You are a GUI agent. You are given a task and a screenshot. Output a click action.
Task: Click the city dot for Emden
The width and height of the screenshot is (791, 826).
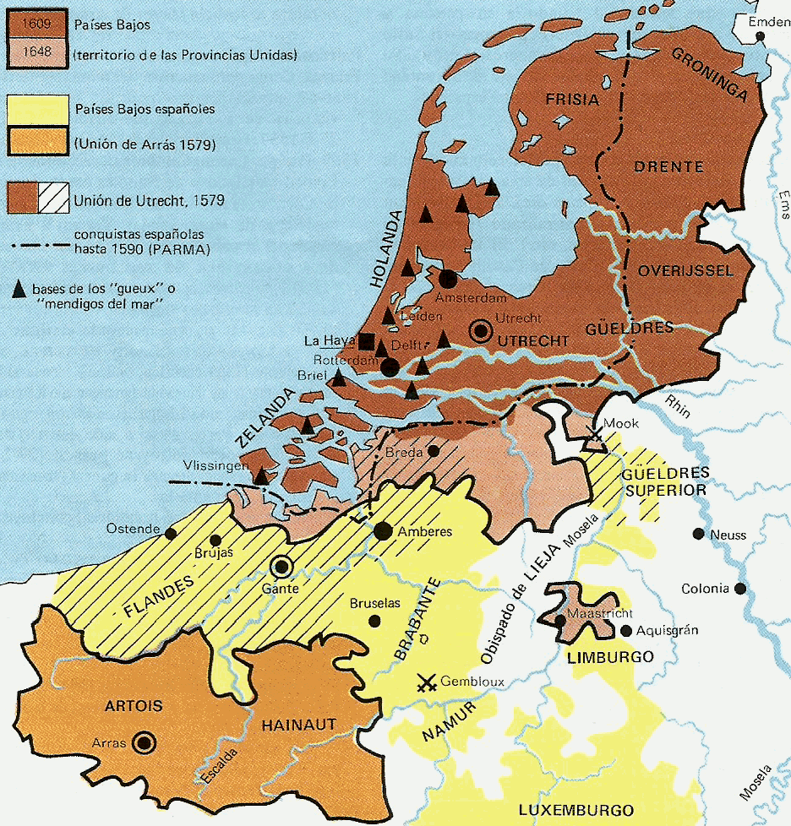pos(761,37)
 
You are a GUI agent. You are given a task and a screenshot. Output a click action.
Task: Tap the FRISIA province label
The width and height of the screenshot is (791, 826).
pos(572,100)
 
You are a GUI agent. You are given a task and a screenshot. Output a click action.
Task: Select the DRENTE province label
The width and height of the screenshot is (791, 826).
pos(669,166)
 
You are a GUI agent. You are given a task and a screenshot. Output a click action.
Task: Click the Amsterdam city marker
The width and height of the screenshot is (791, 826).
pos(447,278)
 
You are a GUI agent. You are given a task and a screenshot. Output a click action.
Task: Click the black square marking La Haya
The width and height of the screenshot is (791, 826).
pos(366,341)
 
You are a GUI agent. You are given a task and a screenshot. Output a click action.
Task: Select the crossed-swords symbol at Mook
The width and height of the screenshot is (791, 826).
pos(596,436)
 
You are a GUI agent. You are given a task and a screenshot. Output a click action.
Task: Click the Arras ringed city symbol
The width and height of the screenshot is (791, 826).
pos(145,742)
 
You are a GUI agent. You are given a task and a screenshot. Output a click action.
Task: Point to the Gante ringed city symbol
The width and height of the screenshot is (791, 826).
pos(281,567)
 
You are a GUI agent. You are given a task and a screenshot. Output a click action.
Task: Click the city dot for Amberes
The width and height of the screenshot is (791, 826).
pos(383,530)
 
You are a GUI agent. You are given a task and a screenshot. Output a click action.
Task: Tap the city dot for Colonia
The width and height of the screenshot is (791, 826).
pos(740,589)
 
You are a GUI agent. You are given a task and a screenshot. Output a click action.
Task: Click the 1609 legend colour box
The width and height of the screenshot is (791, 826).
pos(37,25)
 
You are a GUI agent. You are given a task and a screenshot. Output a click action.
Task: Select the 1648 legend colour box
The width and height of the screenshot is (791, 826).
pos(37,53)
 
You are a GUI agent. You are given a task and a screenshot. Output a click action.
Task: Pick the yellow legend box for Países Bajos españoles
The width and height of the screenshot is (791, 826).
pos(37,109)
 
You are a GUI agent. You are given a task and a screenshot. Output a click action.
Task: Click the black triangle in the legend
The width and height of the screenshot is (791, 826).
pos(18,289)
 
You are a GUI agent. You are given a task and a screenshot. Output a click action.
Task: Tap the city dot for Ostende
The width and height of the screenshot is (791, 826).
pos(171,533)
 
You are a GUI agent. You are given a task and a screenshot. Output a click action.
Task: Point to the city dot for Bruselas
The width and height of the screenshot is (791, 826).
pos(374,621)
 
